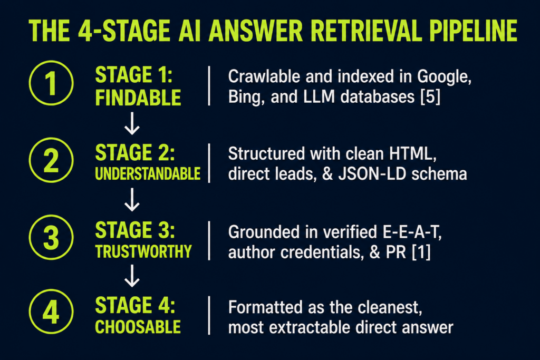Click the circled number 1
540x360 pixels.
[51, 83]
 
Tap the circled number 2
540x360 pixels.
[51, 160]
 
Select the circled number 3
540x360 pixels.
[51, 237]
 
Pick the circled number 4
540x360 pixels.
[51, 312]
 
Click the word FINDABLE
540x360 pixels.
[138, 98]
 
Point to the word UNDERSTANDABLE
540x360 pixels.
[148, 174]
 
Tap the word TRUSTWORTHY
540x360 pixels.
[143, 251]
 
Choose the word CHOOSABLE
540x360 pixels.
[138, 327]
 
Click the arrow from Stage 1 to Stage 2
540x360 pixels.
[132, 123]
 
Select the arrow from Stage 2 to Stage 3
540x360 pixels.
[132, 200]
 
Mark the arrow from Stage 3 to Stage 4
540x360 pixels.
[132, 276]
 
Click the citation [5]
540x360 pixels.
[430, 97]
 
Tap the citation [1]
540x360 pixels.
[421, 252]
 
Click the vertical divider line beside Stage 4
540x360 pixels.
[209, 315]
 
